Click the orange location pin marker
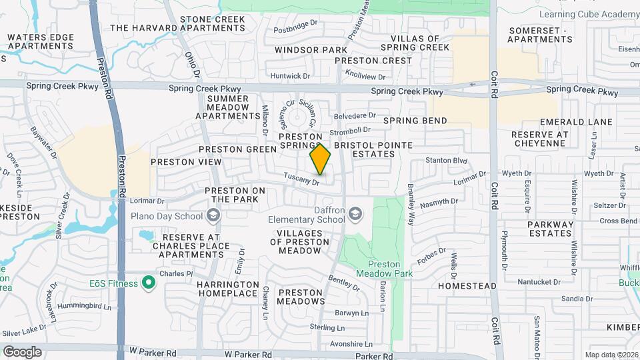click(321, 159)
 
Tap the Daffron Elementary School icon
click(357, 213)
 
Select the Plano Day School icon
click(213, 215)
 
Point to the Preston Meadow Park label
click(385, 268)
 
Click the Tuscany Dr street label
click(303, 179)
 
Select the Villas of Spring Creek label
click(415, 43)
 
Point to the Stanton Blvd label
click(447, 161)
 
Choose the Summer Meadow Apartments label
click(227, 107)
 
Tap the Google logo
click(22, 351)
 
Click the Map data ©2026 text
click(611, 355)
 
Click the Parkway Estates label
click(551, 229)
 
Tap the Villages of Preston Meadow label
click(300, 241)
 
